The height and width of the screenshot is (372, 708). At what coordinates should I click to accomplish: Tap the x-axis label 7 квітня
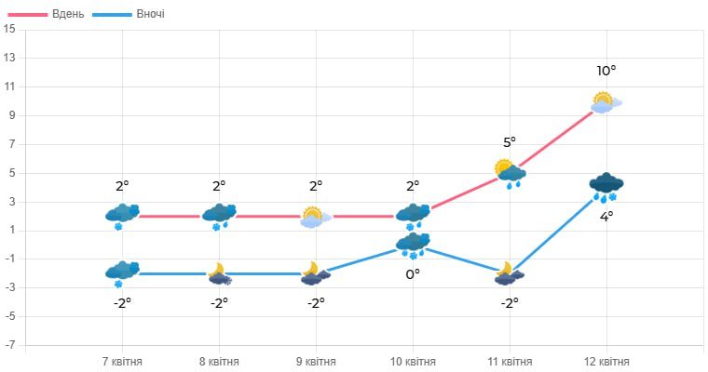122,362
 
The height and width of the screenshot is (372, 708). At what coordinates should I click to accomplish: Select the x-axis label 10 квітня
413,362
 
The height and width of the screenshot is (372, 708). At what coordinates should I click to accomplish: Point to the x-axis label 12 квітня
606,362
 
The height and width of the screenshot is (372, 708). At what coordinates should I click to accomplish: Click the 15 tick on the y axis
9,29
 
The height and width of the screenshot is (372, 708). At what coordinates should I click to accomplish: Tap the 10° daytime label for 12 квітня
606,71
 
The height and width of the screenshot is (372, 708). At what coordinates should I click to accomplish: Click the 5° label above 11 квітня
510,142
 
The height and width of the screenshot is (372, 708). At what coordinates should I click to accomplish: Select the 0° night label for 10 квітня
413,274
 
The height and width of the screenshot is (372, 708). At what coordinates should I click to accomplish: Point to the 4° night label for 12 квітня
606,217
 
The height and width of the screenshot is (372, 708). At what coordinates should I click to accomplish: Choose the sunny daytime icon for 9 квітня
315,218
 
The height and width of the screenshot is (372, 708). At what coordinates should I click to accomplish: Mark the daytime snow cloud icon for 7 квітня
122,216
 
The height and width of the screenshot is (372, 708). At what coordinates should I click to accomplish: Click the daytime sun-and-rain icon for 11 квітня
510,173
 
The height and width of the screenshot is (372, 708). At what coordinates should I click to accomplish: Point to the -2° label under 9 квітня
316,302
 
